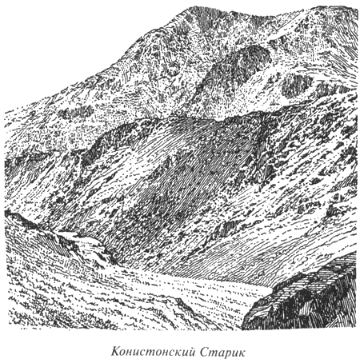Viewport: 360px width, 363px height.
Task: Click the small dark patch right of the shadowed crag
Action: point(297,84)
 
